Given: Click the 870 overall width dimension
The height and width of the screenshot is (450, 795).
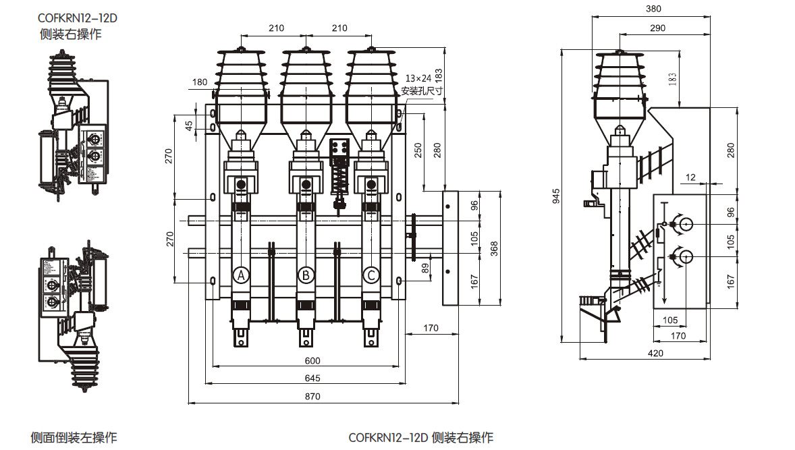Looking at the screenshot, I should click(x=312, y=397).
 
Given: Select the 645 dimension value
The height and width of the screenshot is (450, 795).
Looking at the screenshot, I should click(x=312, y=378).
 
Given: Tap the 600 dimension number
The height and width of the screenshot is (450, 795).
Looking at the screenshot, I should click(x=312, y=360).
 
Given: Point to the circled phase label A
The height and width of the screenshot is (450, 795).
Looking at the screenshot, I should click(x=241, y=275).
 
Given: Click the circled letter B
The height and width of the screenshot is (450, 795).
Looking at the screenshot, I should click(x=306, y=275).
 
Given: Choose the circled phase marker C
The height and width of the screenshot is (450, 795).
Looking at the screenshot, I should click(x=371, y=275).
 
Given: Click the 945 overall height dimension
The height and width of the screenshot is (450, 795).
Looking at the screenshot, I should click(x=557, y=196).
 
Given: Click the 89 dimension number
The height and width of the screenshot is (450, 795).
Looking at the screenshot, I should click(x=424, y=267).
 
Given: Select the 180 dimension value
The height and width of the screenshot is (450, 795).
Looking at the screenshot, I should click(x=200, y=82).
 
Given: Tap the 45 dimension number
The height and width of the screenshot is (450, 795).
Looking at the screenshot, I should click(x=190, y=125).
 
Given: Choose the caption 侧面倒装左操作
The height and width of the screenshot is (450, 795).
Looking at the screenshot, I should click(x=74, y=437).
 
